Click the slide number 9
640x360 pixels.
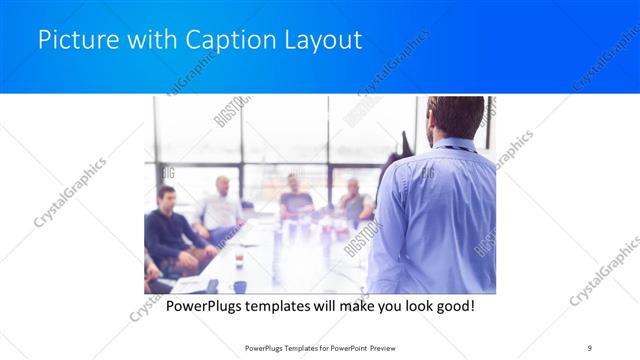pos(589,348)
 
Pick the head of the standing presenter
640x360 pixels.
pos(455,117)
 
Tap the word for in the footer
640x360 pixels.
pos(315,348)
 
